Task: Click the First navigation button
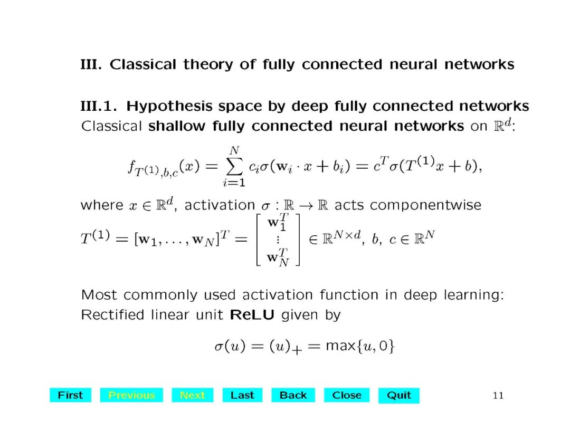coord(70,395)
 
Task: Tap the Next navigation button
coord(192,395)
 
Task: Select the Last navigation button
coord(242,395)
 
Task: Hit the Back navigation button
coord(293,395)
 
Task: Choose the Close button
coord(347,395)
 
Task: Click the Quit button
coord(399,395)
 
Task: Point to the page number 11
coord(498,396)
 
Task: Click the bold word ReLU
coord(252,315)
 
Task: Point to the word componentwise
coord(425,205)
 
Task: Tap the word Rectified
coord(112,315)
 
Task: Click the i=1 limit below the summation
coord(232,184)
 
